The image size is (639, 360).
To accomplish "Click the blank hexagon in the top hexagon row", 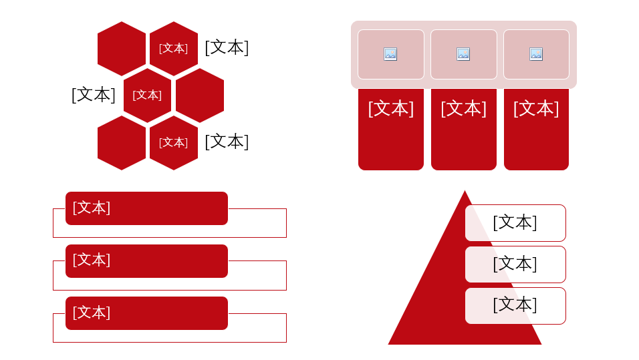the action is pos(122,49).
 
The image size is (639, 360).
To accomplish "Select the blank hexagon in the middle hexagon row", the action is pos(200,96).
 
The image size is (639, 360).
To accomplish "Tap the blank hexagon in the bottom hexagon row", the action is pos(122,143).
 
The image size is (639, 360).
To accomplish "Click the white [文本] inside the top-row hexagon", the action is pos(173,49).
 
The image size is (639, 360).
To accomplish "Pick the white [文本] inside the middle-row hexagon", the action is pos(147,96).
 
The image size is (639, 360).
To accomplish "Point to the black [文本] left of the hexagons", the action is pos(94,94).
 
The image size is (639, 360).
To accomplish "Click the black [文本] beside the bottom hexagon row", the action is pos(227,142).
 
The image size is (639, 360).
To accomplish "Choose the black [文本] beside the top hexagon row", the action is pos(227,47).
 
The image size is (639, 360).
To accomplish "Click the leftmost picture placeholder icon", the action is pos(390,54).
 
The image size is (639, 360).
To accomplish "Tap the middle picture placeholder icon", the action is pos(463,54).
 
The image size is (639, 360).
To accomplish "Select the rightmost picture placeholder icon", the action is pos(536,54).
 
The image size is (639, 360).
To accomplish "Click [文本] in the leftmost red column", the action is pos(391,109).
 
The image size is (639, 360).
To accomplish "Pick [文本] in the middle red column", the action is pos(464,109).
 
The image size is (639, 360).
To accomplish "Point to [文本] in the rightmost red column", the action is pos(536,109).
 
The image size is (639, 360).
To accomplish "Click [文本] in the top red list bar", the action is pos(92,208).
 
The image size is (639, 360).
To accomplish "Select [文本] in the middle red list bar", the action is pos(92,260).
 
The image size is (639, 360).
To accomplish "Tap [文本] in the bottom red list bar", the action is pos(92,313).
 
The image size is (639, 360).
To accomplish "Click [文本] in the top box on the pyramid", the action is pos(515,223).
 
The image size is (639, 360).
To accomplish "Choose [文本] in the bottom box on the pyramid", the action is pos(515,305).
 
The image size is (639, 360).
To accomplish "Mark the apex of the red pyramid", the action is pos(465,190).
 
